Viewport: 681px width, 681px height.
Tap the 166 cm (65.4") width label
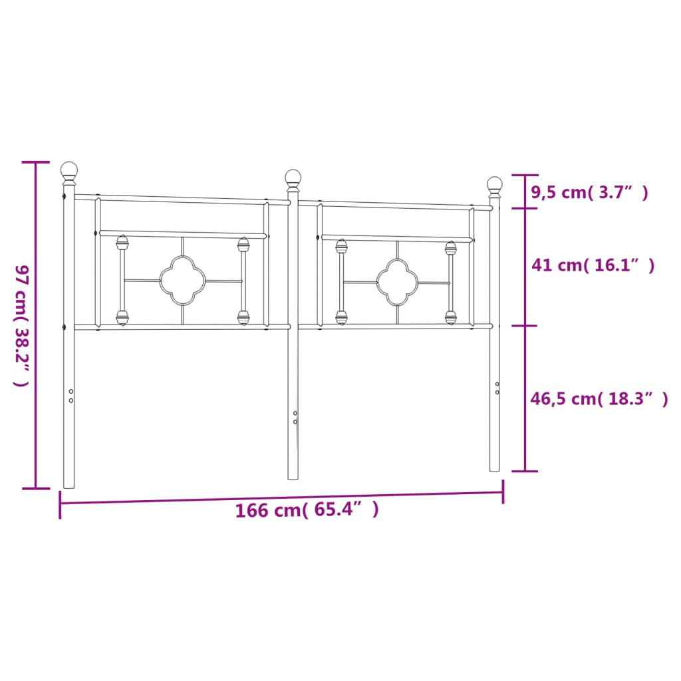(x=307, y=509)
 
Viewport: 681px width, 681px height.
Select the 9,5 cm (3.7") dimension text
(x=589, y=192)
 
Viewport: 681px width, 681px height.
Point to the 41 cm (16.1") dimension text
(x=593, y=265)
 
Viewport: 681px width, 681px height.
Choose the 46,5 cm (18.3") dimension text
(x=599, y=399)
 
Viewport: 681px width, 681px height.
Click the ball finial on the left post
(x=69, y=172)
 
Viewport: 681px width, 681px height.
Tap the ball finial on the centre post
(x=293, y=180)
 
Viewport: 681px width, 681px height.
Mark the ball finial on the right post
(x=495, y=187)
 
